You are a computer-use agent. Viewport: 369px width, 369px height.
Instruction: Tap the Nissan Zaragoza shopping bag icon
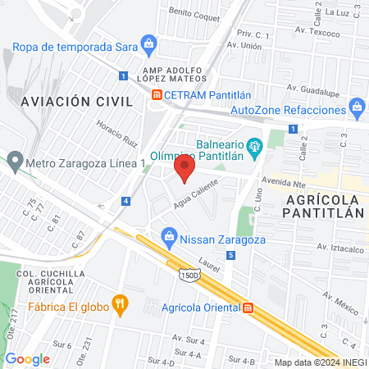pyautogui.click(x=169, y=237)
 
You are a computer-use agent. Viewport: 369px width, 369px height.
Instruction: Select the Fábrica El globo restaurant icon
pyautogui.click(x=121, y=306)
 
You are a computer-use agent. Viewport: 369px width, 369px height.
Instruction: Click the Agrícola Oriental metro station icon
pyautogui.click(x=248, y=307)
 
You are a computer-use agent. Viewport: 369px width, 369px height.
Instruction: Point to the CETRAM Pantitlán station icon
pyautogui.click(x=155, y=95)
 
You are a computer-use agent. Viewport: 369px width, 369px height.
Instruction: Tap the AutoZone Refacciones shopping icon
pyautogui.click(x=357, y=107)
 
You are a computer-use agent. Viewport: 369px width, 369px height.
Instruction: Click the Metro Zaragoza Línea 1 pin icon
pyautogui.click(x=14, y=160)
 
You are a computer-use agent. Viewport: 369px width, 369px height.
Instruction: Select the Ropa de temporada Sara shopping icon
pyautogui.click(x=148, y=43)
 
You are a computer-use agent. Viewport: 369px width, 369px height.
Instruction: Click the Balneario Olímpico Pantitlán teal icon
pyautogui.click(x=255, y=147)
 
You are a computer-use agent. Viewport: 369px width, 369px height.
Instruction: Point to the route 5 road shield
pyautogui.click(x=232, y=256)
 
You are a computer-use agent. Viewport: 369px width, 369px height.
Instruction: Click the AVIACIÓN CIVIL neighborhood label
pyautogui.click(x=76, y=101)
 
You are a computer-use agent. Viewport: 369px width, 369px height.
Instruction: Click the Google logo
pyautogui.click(x=28, y=358)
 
